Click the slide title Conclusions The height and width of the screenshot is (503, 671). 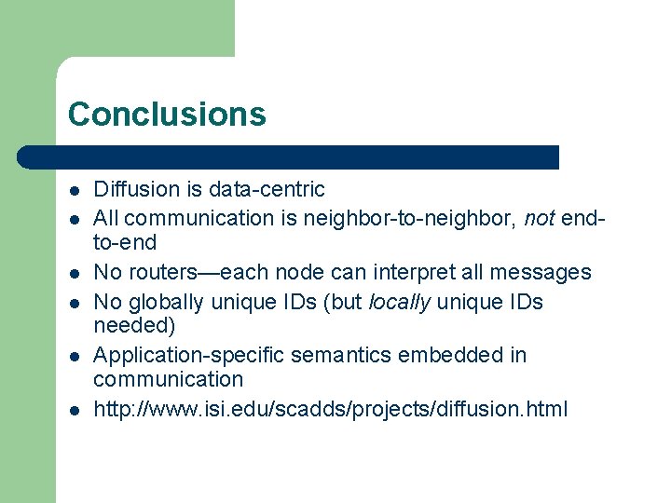pyautogui.click(x=167, y=114)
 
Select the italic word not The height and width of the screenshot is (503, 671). pyautogui.click(x=540, y=218)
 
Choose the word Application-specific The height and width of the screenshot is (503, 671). pyautogui.click(x=186, y=355)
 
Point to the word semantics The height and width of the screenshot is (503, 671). pyautogui.click(x=333, y=355)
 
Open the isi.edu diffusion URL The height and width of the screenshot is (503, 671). pyautogui.click(x=330, y=409)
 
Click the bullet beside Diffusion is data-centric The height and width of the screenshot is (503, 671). pyautogui.click(x=74, y=190)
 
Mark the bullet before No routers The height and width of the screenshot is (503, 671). pyautogui.click(x=74, y=273)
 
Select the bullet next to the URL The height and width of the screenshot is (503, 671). pyautogui.click(x=74, y=410)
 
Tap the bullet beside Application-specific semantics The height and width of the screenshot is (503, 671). pyautogui.click(x=74, y=356)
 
